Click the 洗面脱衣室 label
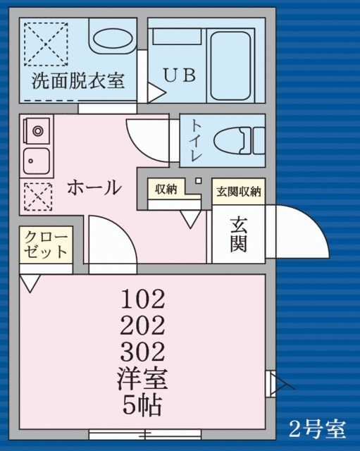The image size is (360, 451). (x=77, y=80)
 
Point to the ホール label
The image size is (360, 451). (x=94, y=187)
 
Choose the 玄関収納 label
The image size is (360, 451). (x=238, y=191)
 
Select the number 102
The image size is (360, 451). (x=142, y=300)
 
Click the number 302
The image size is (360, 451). (x=142, y=350)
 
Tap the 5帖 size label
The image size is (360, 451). (x=142, y=406)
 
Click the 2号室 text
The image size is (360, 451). (x=318, y=427)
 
